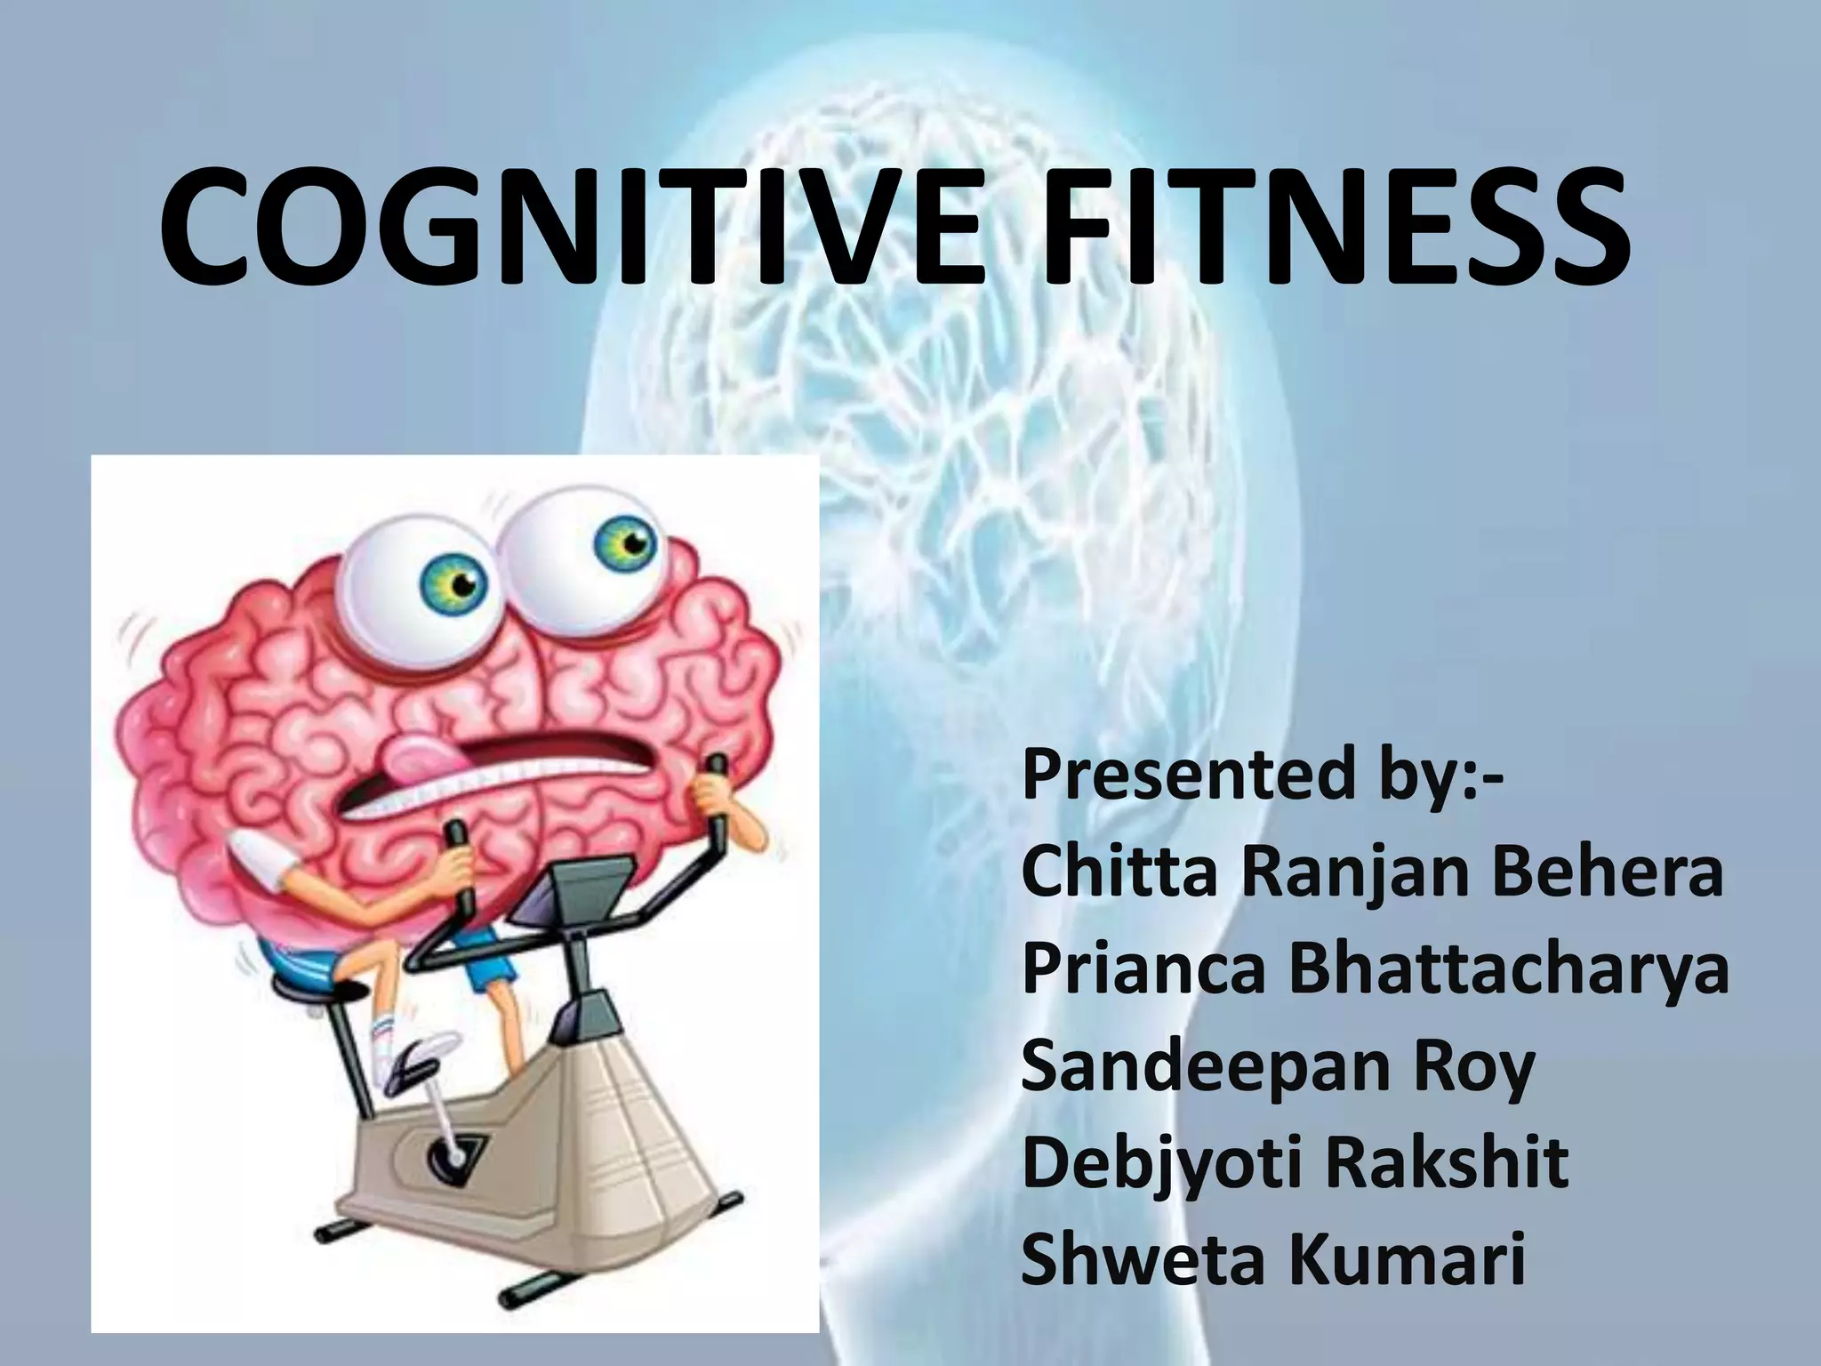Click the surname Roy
1471,1067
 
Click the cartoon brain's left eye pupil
465,584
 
